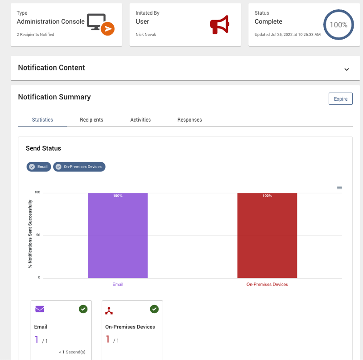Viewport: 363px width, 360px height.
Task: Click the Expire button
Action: (x=340, y=99)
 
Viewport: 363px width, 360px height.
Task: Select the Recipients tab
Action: (x=91, y=120)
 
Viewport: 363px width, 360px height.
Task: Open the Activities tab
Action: (x=140, y=120)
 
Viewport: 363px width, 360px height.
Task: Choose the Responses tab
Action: (x=190, y=120)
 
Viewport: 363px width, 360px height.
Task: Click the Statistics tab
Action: (x=42, y=120)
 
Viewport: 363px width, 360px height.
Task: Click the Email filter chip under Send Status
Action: (x=39, y=167)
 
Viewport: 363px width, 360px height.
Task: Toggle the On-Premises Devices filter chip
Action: (x=79, y=167)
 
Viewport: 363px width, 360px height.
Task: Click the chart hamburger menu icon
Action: (x=339, y=188)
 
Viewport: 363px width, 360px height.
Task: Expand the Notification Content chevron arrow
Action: (x=346, y=70)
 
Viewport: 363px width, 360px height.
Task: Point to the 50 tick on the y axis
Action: (x=38, y=235)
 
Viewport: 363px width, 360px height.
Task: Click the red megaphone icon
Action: (x=219, y=25)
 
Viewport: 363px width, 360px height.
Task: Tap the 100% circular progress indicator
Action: (x=338, y=25)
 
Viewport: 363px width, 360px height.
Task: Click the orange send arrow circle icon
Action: (x=107, y=29)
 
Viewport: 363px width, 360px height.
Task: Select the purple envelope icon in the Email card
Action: (x=40, y=309)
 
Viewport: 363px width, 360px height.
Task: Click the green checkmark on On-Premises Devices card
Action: (x=154, y=309)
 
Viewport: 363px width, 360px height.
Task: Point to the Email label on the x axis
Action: (x=118, y=284)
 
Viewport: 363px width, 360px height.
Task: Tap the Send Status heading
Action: (x=43, y=148)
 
